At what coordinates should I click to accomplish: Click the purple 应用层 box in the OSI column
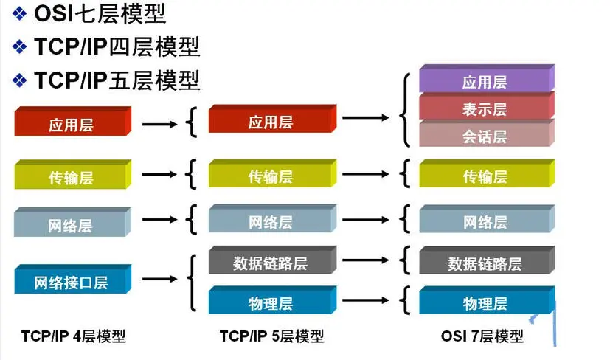485,82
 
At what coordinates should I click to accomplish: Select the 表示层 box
485,109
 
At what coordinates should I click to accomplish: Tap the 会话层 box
485,136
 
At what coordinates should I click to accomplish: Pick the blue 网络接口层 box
72,281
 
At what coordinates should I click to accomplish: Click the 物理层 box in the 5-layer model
271,302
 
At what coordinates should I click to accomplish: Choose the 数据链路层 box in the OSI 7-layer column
485,263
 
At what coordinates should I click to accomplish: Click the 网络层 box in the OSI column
485,221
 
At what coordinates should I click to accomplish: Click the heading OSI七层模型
100,13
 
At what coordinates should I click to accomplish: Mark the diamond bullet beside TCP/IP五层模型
21,79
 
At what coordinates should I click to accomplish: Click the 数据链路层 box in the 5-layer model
271,263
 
